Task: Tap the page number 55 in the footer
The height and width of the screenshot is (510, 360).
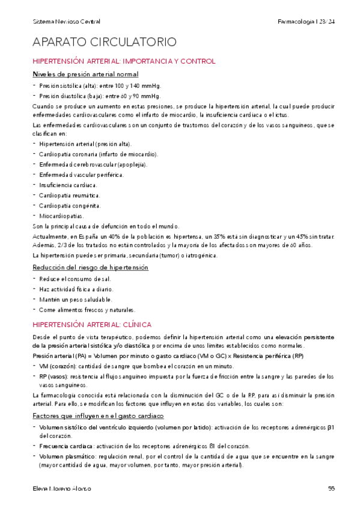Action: pyautogui.click(x=331, y=488)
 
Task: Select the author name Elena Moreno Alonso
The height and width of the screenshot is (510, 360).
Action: pyautogui.click(x=63, y=488)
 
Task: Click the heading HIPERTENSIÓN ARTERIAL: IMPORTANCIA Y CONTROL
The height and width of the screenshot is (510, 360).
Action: pyautogui.click(x=123, y=61)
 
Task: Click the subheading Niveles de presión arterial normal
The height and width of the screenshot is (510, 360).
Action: pyautogui.click(x=85, y=74)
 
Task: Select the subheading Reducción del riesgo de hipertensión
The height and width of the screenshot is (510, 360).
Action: pyautogui.click(x=90, y=266)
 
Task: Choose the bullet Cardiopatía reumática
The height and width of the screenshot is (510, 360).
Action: pyautogui.click(x=69, y=195)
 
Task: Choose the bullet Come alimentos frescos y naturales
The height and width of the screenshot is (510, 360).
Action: pyautogui.click(x=83, y=310)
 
